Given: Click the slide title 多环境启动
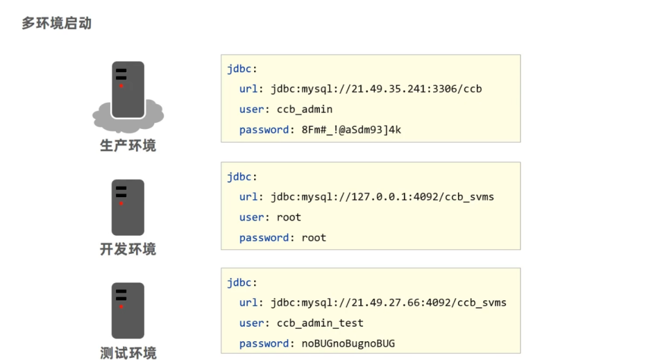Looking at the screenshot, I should [x=57, y=24].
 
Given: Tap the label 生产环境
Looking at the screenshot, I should [x=128, y=145].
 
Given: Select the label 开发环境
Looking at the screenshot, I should [x=128, y=249].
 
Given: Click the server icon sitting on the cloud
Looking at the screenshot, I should [x=128, y=89].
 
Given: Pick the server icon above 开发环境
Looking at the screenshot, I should [x=128, y=207].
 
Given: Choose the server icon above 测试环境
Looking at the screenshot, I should [x=128, y=311].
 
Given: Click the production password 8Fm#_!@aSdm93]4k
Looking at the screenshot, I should [x=351, y=130].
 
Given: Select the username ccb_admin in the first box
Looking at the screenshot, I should [x=305, y=109].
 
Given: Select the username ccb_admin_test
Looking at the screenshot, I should [x=320, y=323].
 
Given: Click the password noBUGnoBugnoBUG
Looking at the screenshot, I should [x=348, y=344].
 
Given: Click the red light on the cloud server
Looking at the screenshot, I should [x=121, y=85].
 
